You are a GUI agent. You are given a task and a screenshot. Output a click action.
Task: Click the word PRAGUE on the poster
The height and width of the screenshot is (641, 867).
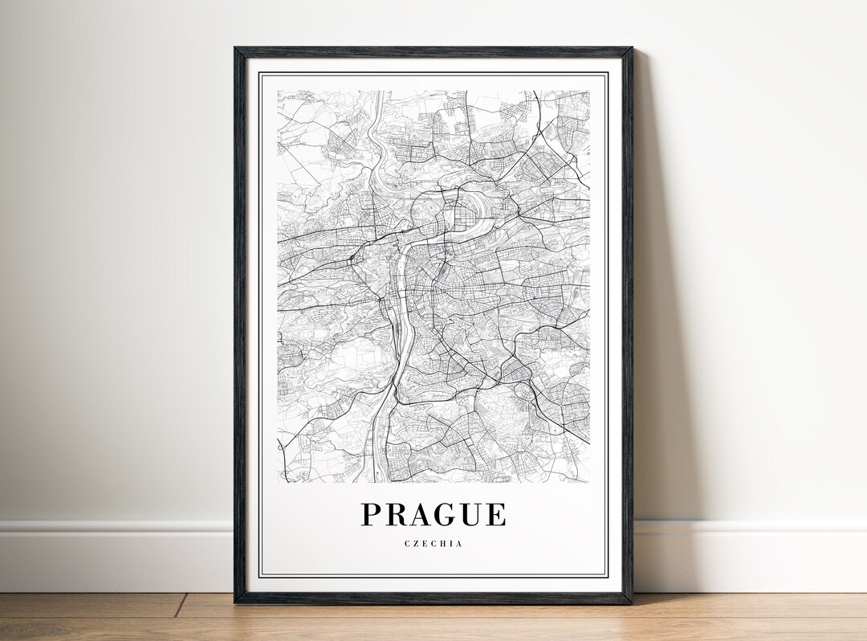pyautogui.click(x=433, y=514)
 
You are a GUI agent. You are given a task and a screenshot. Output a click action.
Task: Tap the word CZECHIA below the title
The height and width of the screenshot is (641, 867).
pyautogui.click(x=433, y=544)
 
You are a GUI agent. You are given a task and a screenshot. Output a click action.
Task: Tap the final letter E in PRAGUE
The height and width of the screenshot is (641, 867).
pyautogui.click(x=495, y=514)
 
